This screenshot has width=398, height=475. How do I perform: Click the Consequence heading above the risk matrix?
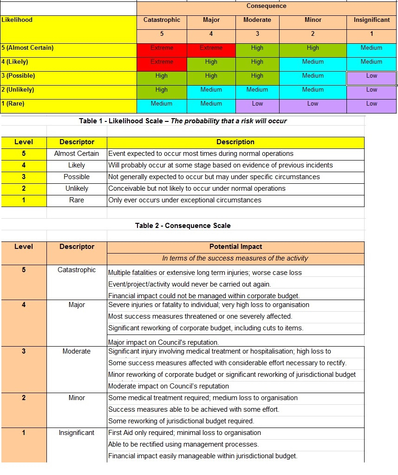tap(266, 6)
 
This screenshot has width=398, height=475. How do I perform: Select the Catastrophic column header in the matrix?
tap(162, 20)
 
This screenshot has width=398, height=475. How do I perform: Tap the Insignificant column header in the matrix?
tap(371, 20)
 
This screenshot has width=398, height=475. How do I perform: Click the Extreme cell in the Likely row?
tap(162, 62)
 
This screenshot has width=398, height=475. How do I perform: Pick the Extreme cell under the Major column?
tap(211, 48)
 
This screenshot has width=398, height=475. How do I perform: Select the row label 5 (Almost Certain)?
tap(27, 48)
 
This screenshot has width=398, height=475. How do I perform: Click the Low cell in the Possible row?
tap(372, 76)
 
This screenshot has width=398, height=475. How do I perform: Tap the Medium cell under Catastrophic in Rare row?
tap(162, 104)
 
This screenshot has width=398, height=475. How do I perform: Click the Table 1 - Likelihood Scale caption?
tap(183, 121)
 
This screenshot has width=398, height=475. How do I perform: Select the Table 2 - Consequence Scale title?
tap(183, 226)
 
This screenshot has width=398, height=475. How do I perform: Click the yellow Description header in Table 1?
tap(235, 142)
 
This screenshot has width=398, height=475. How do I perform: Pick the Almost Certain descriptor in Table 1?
tap(77, 154)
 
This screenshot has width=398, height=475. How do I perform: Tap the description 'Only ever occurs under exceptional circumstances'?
tap(185, 200)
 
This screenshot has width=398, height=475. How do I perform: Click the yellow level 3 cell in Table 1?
tap(24, 177)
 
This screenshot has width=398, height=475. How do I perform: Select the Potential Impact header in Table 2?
tap(235, 247)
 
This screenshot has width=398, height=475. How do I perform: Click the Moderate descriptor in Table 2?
tap(77, 351)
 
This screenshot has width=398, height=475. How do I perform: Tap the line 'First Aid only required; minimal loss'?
tap(185, 433)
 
